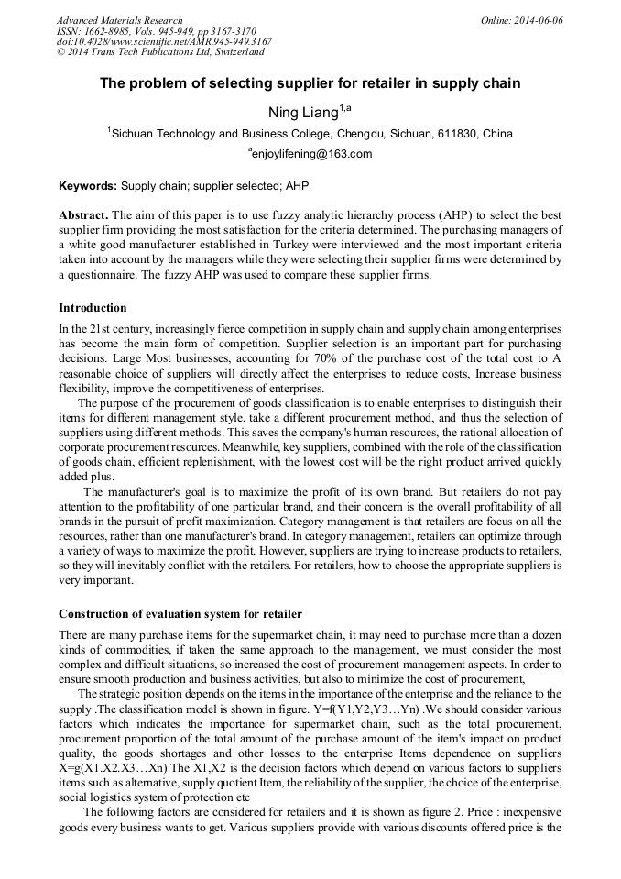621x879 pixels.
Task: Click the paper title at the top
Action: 310,83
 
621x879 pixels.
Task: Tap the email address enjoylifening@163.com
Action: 311,154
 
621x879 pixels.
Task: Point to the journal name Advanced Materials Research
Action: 119,20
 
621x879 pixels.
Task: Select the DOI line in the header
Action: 164,41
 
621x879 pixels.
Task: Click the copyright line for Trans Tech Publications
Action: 160,52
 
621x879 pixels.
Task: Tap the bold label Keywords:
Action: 88,185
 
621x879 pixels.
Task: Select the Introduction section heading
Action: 93,308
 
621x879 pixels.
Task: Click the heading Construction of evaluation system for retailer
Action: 180,613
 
